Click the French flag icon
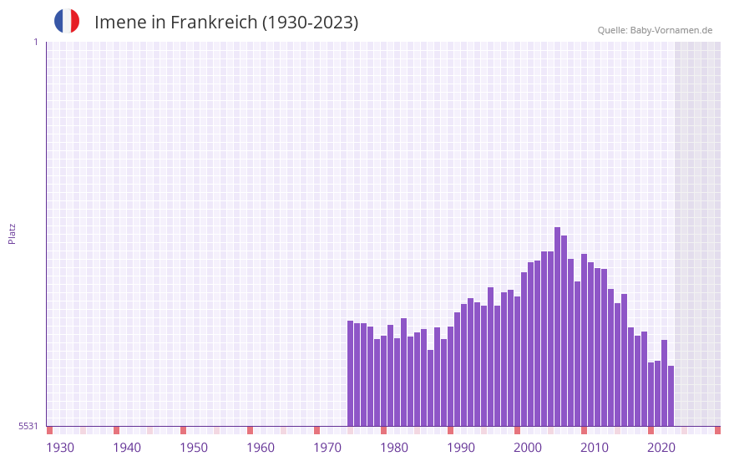67,21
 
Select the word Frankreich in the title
214,23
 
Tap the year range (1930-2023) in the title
310,23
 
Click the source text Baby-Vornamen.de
671,30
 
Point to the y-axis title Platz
12,233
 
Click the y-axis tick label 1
35,42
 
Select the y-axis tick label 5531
28,426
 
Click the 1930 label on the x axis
60,448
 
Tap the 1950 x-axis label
194,448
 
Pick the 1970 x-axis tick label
327,448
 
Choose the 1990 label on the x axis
461,448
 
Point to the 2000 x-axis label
528,448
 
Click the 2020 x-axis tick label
661,448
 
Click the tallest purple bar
557,326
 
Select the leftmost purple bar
350,373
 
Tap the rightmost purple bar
671,396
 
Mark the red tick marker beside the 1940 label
116,430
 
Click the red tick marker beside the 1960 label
250,430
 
